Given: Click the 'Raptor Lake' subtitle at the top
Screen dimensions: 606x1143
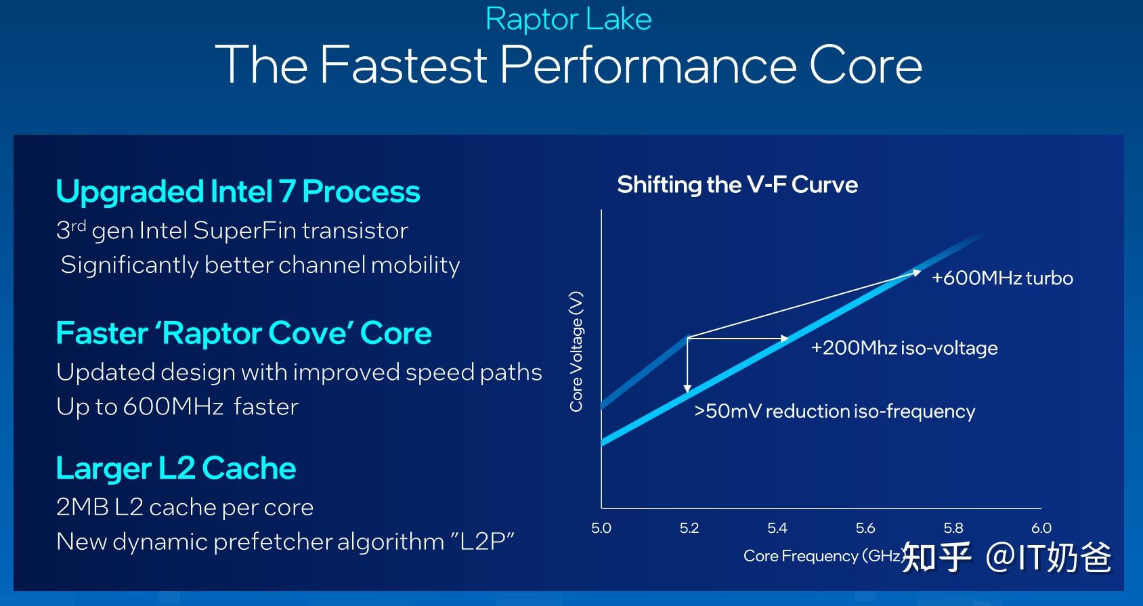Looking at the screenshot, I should [568, 19].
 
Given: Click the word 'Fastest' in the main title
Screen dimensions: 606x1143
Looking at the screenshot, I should [403, 65].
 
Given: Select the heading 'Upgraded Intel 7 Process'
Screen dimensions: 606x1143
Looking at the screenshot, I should [238, 192].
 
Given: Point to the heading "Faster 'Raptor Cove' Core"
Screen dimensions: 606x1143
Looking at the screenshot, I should [244, 333].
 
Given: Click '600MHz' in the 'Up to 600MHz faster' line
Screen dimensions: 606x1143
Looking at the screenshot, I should [173, 407].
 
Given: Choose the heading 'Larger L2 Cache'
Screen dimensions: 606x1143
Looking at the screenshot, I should [176, 469].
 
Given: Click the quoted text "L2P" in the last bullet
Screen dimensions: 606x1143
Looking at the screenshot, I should [482, 542].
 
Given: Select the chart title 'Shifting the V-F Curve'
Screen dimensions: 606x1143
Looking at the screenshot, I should [737, 185].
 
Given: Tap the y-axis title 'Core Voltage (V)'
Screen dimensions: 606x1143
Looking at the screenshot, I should [576, 351].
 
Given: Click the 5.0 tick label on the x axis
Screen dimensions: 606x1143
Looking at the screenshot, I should [601, 528].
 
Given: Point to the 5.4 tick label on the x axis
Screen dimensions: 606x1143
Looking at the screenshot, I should [777, 528].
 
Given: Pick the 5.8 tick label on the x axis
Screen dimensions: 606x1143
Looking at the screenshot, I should [953, 528].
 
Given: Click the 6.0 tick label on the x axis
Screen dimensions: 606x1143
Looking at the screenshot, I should [1041, 528].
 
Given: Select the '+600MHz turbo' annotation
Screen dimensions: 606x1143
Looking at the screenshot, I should [1002, 278].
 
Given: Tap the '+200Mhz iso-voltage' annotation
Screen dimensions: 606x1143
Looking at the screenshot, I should [904, 348].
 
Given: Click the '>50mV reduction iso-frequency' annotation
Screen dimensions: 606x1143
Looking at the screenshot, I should [834, 412].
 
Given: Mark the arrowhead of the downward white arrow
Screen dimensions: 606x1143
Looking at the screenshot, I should [687, 389].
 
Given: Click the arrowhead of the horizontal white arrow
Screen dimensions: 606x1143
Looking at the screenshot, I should [785, 338].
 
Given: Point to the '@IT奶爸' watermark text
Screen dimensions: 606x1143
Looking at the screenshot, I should [1048, 557].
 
